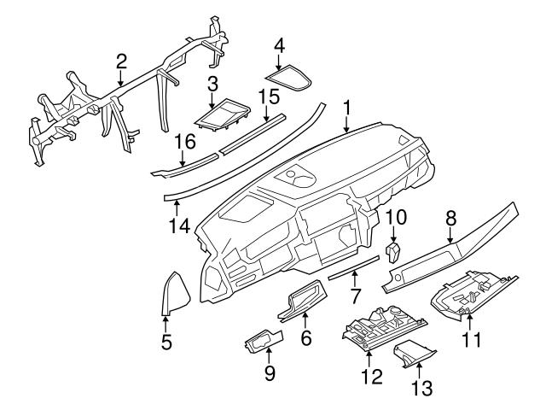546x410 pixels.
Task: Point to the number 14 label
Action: (177, 225)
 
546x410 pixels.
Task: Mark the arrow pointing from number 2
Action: (121, 77)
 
